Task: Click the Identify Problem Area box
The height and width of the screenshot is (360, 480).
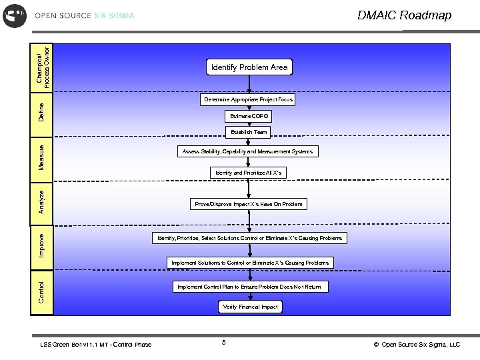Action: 249,67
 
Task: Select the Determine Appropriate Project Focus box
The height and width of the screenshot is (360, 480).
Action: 248,99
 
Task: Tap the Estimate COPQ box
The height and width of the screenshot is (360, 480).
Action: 249,116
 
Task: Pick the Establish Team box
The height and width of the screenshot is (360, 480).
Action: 249,132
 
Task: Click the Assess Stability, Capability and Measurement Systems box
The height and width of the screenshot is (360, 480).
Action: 247,152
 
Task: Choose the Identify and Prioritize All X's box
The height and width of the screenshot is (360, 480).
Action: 249,173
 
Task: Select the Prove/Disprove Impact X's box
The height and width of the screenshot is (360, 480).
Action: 248,204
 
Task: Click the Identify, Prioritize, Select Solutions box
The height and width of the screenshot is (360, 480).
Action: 249,238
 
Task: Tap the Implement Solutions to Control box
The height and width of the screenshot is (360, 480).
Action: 249,263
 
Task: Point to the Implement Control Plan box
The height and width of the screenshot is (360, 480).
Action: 249,287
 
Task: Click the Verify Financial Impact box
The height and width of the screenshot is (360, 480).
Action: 250,307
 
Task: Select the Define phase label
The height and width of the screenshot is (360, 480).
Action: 41,111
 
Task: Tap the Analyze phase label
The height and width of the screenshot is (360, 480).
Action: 41,201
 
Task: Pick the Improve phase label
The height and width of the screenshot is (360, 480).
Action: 41,245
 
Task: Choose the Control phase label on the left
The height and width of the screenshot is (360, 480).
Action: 41,291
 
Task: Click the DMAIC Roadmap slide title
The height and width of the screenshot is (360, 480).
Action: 404,15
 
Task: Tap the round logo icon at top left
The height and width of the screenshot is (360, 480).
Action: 15,15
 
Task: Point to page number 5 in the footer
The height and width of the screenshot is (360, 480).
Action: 224,343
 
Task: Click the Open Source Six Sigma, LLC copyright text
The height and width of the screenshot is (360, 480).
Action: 417,345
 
